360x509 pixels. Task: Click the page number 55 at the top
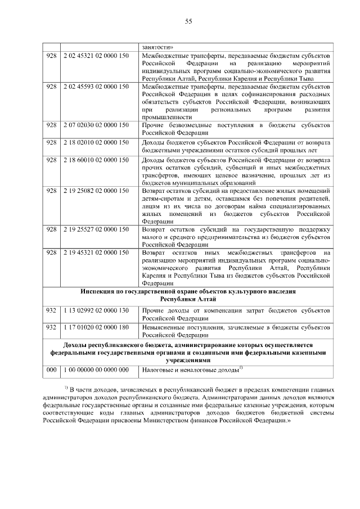click(188, 21)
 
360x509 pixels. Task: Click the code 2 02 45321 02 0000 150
click(96, 57)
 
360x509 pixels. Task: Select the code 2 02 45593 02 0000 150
click(96, 87)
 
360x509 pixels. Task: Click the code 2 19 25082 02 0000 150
click(96, 192)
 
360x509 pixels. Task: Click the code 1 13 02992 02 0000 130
click(96, 310)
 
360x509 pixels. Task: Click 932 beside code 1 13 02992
click(51, 310)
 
